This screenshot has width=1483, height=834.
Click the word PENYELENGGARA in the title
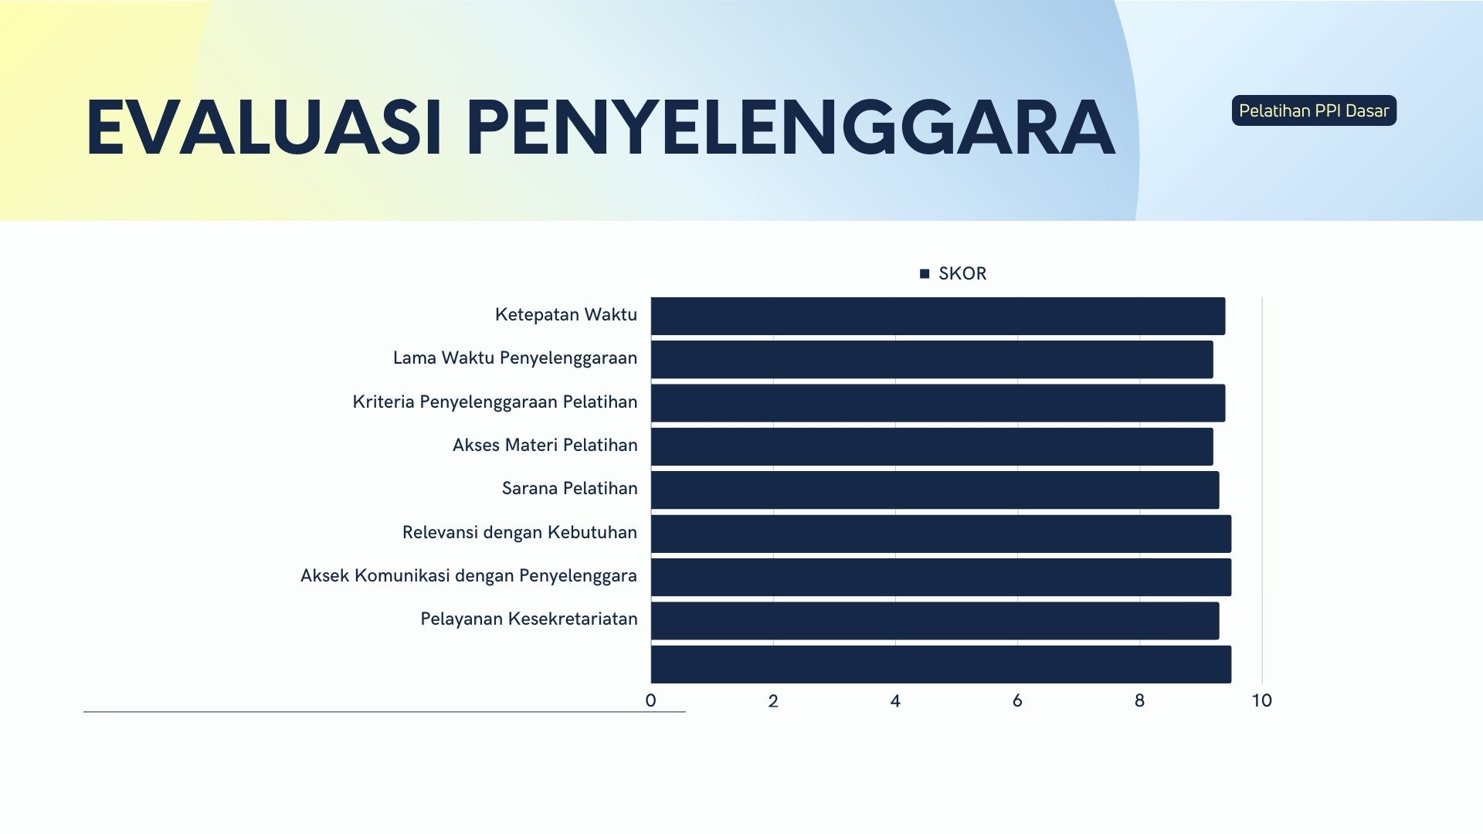[x=790, y=128]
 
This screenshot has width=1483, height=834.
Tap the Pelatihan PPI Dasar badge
[x=1314, y=110]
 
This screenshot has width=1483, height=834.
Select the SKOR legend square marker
[x=925, y=273]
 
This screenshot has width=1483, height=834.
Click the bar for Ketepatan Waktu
[x=938, y=316]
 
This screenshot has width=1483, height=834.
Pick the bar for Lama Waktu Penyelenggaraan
[x=932, y=359]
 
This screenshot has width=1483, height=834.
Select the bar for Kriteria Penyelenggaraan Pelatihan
[x=938, y=403]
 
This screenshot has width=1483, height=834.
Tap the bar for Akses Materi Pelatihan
[x=932, y=446]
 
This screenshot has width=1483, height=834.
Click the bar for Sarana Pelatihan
[x=935, y=490]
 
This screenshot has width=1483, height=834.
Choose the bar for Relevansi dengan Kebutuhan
[x=941, y=534]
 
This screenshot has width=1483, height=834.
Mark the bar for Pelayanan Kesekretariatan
[x=935, y=621]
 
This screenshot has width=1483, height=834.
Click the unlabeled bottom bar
[x=941, y=664]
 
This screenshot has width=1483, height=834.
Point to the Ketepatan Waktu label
[x=565, y=314]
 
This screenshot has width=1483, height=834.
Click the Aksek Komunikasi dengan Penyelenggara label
[x=468, y=575]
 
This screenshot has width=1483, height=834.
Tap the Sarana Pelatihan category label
[x=569, y=488]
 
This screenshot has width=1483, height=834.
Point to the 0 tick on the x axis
[x=650, y=700]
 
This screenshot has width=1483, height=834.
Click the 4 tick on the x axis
[x=895, y=700]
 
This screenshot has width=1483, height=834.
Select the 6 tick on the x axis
[x=1017, y=700]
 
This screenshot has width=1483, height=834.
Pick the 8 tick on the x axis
[x=1139, y=700]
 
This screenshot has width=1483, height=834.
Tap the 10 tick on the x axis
[x=1261, y=700]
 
